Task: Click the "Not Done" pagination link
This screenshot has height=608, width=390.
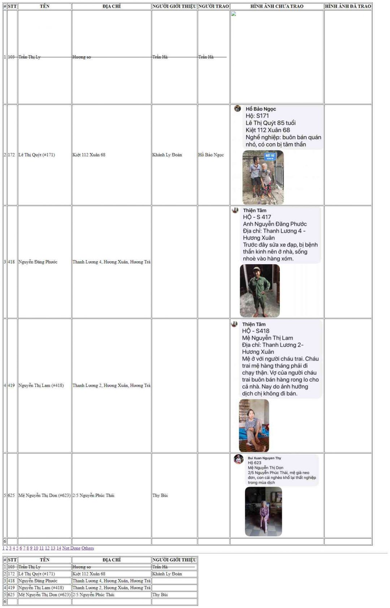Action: click(71, 548)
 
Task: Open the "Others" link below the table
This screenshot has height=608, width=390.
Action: click(87, 548)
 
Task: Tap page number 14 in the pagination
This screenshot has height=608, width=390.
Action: click(58, 548)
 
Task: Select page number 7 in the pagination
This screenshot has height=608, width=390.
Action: click(24, 548)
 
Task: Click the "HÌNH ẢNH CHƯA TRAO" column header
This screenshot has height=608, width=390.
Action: click(277, 6)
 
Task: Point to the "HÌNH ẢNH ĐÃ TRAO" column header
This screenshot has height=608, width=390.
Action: click(348, 6)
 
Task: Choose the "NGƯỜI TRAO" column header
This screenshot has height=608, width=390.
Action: click(213, 6)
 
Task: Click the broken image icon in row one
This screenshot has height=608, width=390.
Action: click(234, 14)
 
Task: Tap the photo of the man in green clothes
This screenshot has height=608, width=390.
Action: click(260, 291)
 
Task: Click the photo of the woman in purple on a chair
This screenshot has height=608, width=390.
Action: click(263, 511)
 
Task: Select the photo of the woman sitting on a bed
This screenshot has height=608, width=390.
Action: click(254, 425)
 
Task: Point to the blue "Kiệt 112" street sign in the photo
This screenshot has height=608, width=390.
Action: click(270, 156)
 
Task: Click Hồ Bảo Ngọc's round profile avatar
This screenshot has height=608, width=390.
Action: click(237, 108)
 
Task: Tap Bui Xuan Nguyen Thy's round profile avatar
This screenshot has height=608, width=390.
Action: click(238, 459)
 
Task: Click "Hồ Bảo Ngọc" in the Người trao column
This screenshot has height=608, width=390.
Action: click(211, 155)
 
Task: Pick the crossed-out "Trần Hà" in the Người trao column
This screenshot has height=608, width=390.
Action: click(206, 57)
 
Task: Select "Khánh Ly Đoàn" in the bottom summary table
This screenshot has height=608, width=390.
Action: click(167, 574)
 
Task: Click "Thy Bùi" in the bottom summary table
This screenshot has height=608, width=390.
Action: click(160, 595)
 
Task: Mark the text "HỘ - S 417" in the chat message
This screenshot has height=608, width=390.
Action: click(257, 217)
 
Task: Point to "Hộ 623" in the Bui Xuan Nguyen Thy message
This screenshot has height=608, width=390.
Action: click(254, 463)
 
